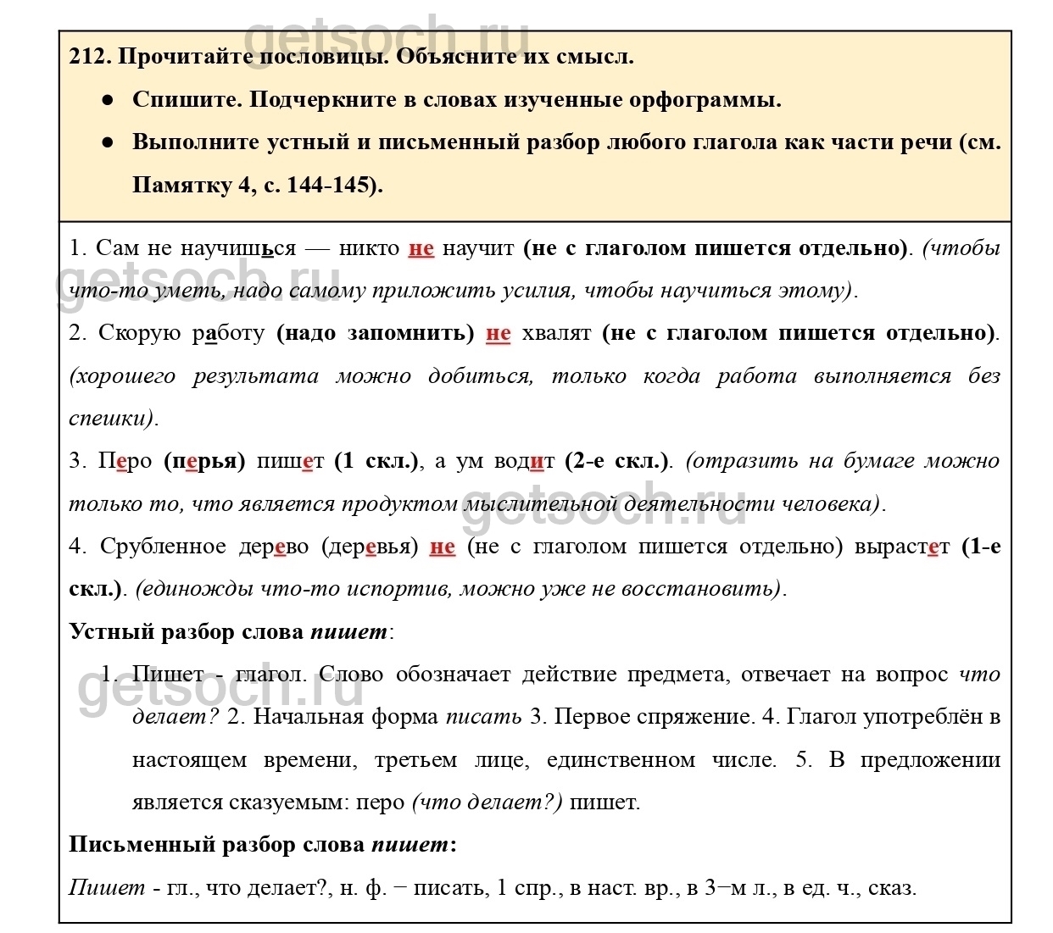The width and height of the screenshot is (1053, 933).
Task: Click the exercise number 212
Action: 89,57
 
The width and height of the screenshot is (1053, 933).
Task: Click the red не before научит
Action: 421,248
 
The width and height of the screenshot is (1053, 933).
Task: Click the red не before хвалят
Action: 498,333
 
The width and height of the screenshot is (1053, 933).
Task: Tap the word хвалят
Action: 556,333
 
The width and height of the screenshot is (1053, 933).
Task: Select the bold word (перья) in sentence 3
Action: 204,461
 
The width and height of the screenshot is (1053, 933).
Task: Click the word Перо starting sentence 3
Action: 125,461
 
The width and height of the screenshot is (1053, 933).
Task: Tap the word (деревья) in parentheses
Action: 370,547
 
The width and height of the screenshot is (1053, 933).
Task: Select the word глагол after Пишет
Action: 270,675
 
